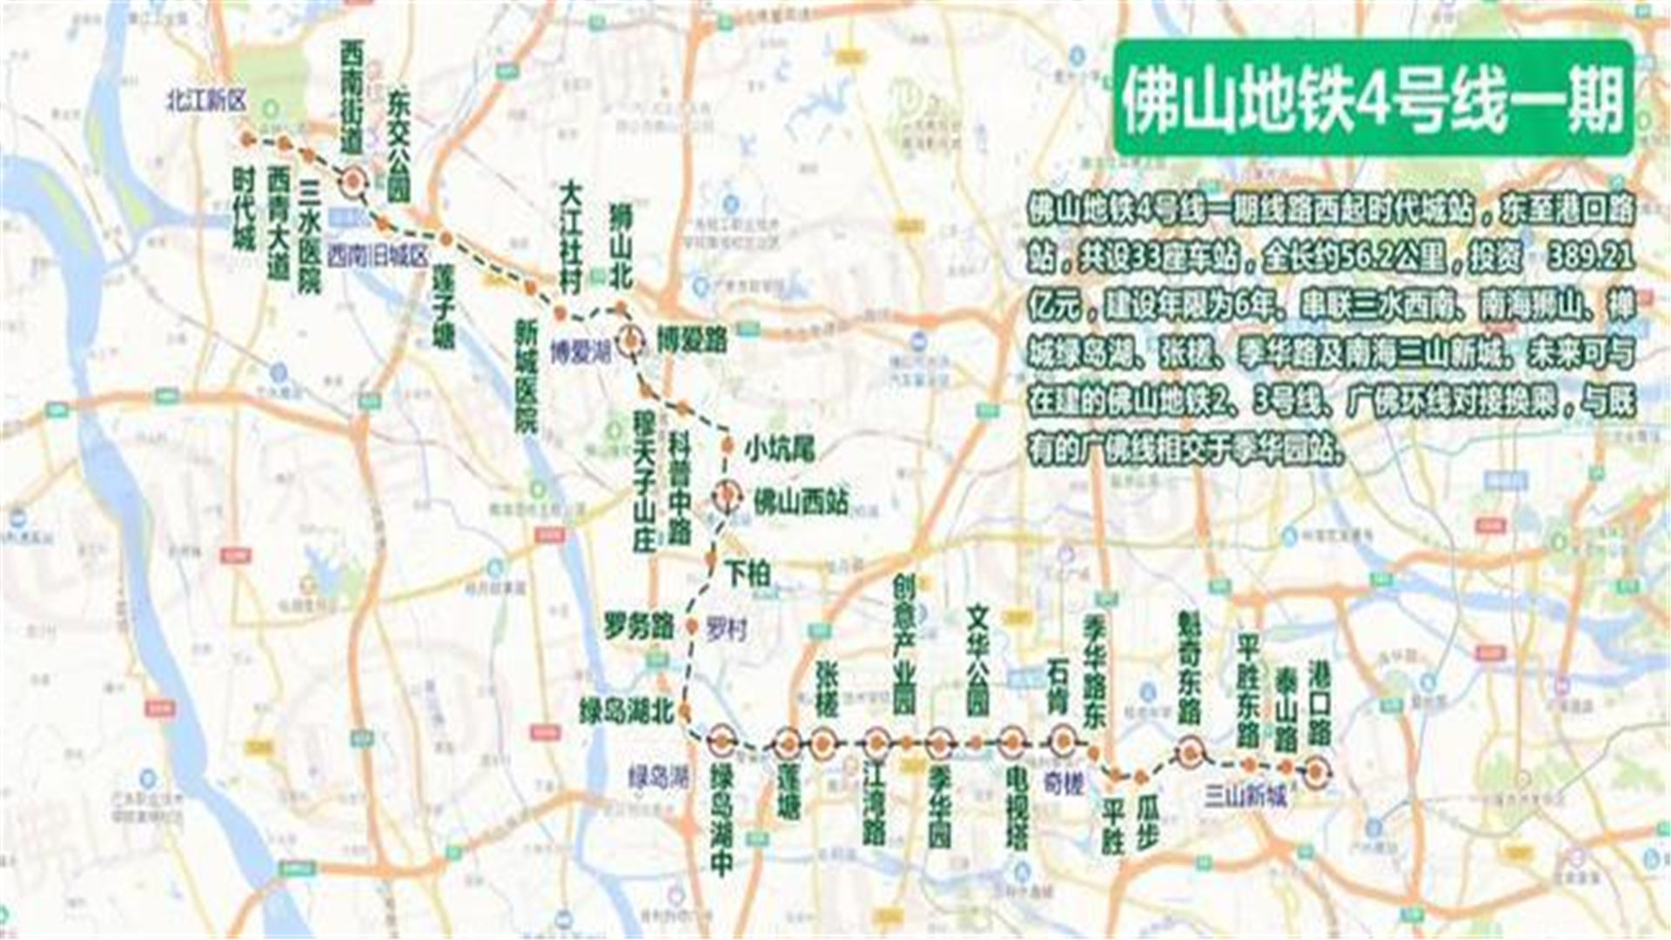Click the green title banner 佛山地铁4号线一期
pos(1372,97)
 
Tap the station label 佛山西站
pos(800,501)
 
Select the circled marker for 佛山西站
pos(728,495)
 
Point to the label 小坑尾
pos(779,449)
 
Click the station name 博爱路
pos(692,340)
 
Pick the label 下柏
pos(748,574)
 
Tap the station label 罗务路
pos(640,624)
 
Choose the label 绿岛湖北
pos(627,712)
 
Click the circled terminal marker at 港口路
pos(1316,771)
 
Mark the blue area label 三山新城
pos(1245,796)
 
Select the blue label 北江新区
pos(206,101)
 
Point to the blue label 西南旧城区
pos(379,256)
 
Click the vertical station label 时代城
pos(244,209)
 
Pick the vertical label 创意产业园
pos(904,645)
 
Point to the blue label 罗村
pos(727,628)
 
